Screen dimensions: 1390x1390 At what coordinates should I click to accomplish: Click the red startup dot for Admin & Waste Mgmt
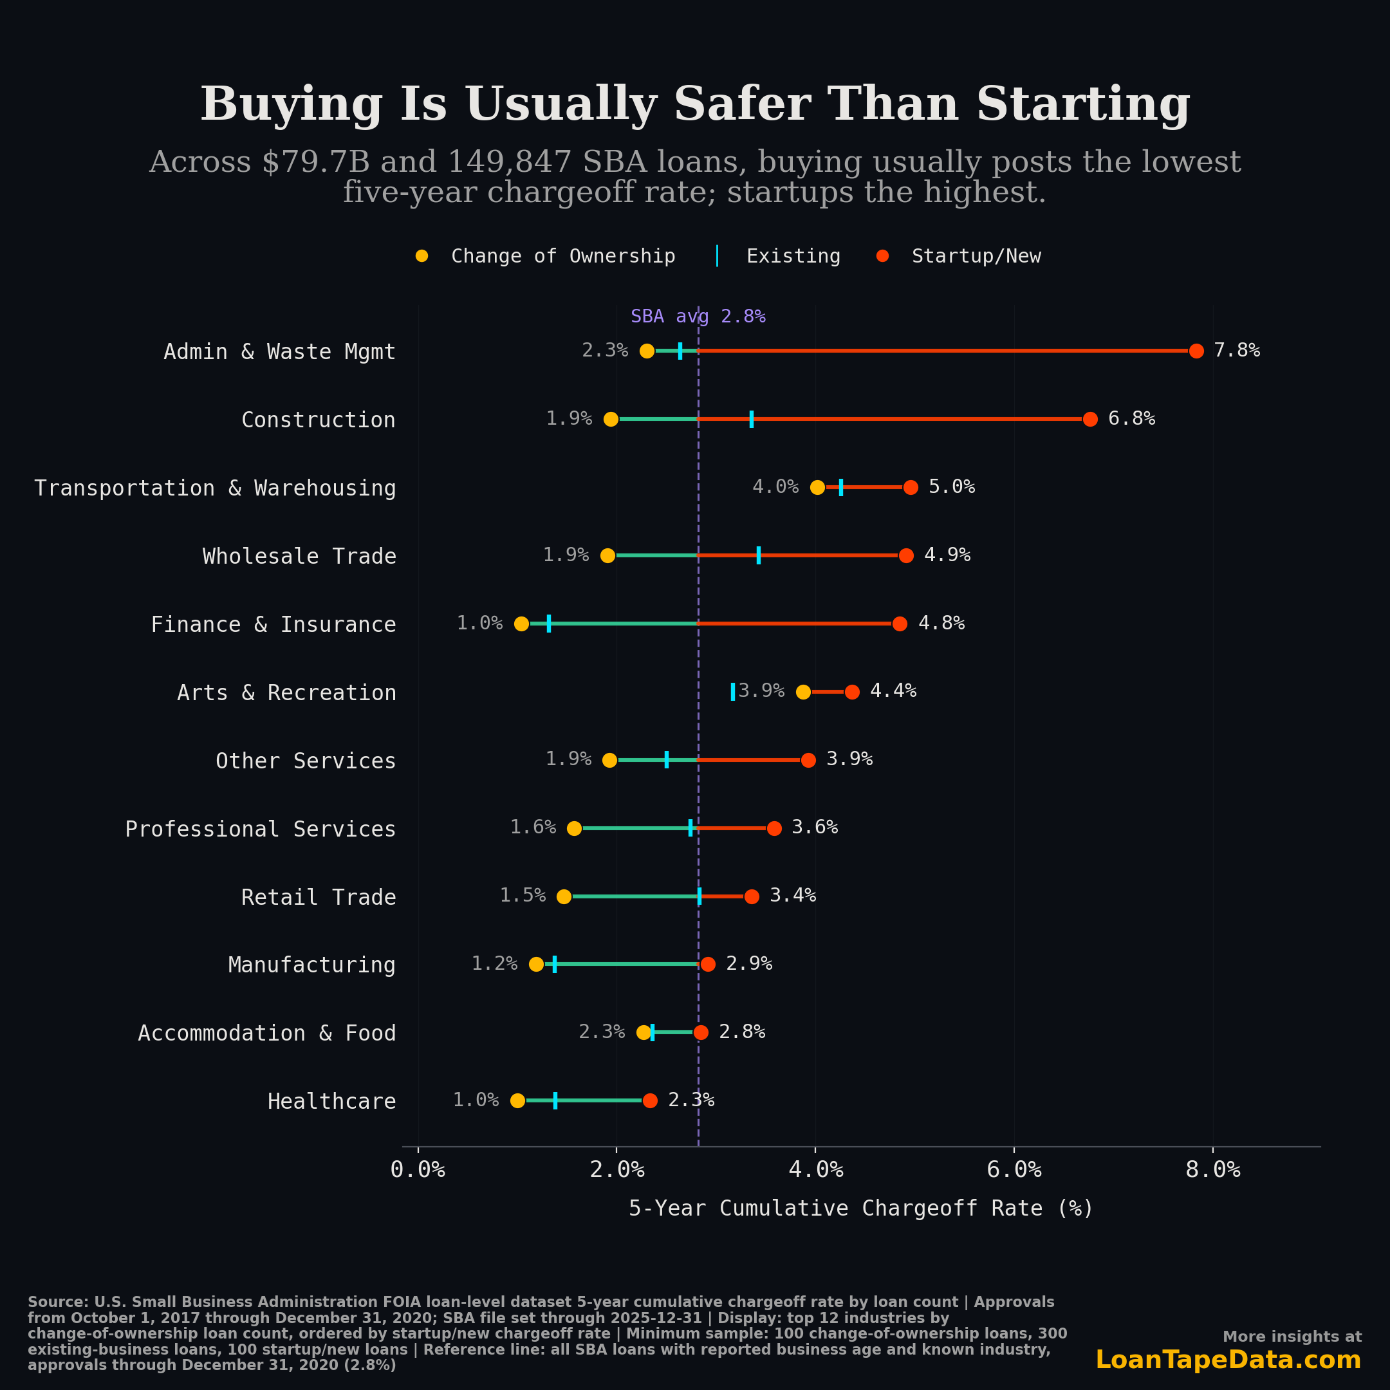(1196, 351)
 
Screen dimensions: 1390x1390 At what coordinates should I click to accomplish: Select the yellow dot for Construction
(611, 420)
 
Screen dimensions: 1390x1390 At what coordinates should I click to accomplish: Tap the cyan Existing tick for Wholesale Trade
(758, 555)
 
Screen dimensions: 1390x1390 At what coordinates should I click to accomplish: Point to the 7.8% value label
(1236, 350)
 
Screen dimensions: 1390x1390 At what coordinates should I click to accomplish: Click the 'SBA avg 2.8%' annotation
(697, 317)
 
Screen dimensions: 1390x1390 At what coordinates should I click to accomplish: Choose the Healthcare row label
(331, 1102)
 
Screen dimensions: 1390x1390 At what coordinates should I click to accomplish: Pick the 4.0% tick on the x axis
(815, 1170)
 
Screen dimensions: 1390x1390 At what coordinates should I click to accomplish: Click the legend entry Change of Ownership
(562, 256)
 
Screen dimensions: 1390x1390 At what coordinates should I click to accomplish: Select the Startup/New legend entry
(975, 256)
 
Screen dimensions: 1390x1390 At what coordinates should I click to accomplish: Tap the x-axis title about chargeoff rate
(860, 1209)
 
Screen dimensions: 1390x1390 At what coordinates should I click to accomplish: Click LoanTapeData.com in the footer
(1227, 1360)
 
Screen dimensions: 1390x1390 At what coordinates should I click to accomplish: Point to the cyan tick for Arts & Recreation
(732, 691)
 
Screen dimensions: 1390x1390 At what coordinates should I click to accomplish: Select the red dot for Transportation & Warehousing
(910, 488)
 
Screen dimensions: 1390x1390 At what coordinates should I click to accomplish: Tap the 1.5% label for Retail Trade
(523, 896)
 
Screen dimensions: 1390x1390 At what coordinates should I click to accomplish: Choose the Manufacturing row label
(311, 965)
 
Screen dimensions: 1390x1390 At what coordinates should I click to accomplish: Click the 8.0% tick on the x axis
(1212, 1170)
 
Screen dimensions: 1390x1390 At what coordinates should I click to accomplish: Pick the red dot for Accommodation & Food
(701, 1032)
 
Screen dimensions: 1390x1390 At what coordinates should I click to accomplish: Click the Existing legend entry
(792, 256)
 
